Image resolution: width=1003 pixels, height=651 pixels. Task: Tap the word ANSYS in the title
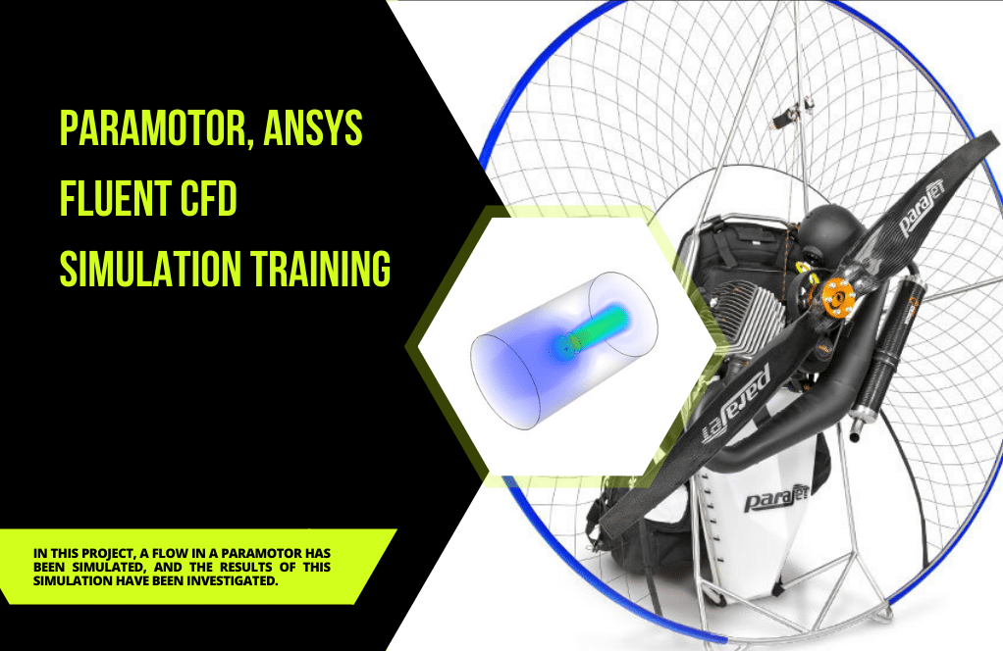coord(313,127)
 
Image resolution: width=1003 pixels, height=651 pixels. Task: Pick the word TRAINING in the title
coord(320,269)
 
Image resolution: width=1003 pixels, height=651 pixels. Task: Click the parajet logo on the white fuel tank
coord(776,498)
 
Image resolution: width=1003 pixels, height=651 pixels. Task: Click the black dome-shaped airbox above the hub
coord(828,232)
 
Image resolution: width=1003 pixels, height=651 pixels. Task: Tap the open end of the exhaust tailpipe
coord(854,437)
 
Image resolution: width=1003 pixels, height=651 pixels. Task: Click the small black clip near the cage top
coord(785,117)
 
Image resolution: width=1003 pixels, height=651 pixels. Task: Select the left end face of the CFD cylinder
coord(505,380)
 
